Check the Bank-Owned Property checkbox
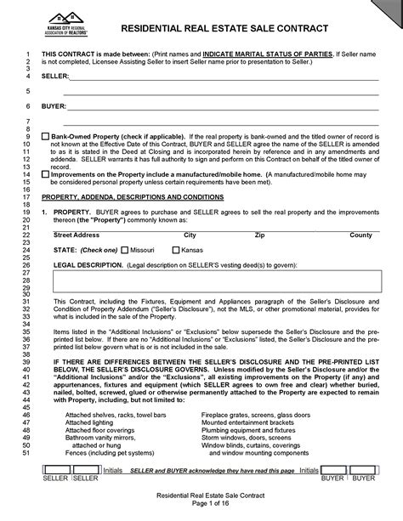pos(45,136)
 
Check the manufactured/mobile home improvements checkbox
pos(45,173)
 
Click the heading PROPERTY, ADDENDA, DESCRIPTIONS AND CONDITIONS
pos(132,196)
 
